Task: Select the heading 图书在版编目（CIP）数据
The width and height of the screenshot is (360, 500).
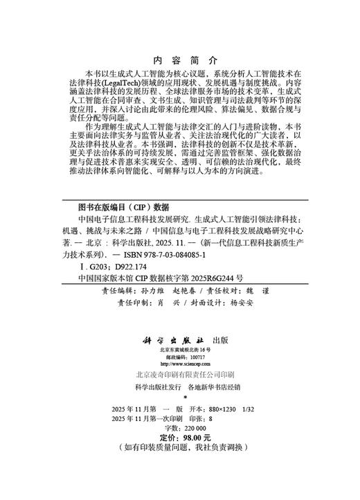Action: pos(124,206)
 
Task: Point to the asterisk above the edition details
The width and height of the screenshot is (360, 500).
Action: pos(180,398)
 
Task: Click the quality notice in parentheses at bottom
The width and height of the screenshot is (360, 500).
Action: pos(180,449)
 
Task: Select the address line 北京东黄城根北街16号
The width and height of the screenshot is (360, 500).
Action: pos(180,351)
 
